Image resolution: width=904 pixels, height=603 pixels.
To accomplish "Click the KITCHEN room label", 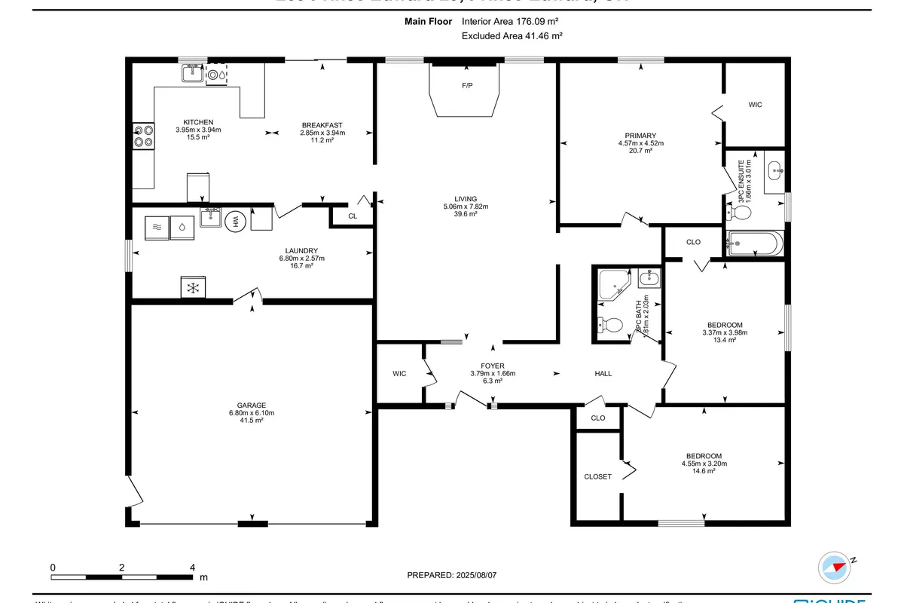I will [198, 122].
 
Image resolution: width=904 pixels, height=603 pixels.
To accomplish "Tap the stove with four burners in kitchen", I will [143, 136].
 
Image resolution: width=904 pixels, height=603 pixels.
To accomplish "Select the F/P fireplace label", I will [467, 86].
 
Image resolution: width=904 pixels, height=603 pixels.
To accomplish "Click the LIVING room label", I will [466, 199].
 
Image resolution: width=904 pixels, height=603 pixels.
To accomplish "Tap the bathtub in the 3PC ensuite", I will [756, 243].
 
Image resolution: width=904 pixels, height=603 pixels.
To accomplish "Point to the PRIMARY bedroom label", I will [640, 136].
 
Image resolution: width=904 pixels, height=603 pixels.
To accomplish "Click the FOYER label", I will [493, 366].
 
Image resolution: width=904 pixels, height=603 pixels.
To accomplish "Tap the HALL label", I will [603, 373].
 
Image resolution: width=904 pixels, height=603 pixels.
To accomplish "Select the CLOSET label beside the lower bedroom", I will [598, 476].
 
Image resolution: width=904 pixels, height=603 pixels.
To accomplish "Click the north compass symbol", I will [835, 565].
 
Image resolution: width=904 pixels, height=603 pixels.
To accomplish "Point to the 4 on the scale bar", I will [193, 567].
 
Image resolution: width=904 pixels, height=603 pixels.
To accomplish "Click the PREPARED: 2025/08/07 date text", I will [452, 575].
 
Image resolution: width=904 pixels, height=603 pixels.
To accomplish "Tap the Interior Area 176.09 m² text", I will [510, 22].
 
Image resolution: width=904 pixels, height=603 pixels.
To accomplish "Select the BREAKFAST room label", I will [322, 125].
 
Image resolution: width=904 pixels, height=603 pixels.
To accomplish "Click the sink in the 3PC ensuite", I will [775, 171].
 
